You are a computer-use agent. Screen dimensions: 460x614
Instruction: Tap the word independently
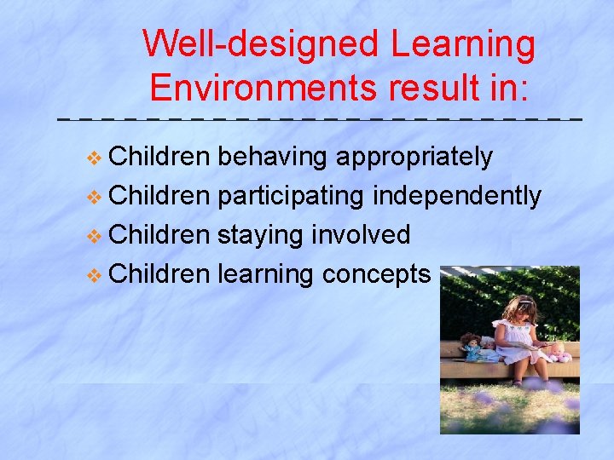pos(456,197)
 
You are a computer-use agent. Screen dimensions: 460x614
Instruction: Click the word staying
pos(264,235)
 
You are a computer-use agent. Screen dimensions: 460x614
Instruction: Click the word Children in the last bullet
pos(159,274)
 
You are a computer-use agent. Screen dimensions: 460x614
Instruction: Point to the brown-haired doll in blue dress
pos(470,347)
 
